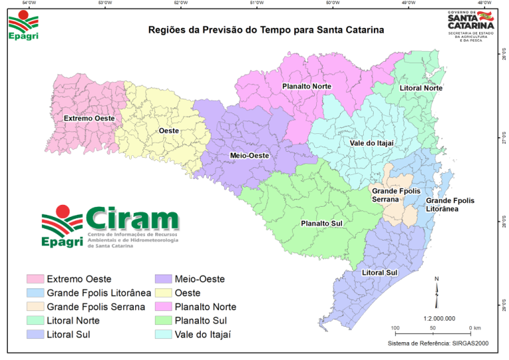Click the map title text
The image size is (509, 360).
(x=266, y=30)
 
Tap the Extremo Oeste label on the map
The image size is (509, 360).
(x=89, y=119)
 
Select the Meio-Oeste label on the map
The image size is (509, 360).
(x=249, y=155)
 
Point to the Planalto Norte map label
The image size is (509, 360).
(x=306, y=86)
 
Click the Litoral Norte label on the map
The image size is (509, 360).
(x=421, y=88)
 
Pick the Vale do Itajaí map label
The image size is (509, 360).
(x=372, y=143)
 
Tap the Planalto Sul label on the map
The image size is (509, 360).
(x=321, y=223)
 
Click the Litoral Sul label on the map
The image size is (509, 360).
(x=379, y=272)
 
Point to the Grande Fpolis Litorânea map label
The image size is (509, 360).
(x=451, y=205)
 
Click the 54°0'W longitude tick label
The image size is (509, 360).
(x=28, y=3)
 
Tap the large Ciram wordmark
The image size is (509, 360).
(x=132, y=218)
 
